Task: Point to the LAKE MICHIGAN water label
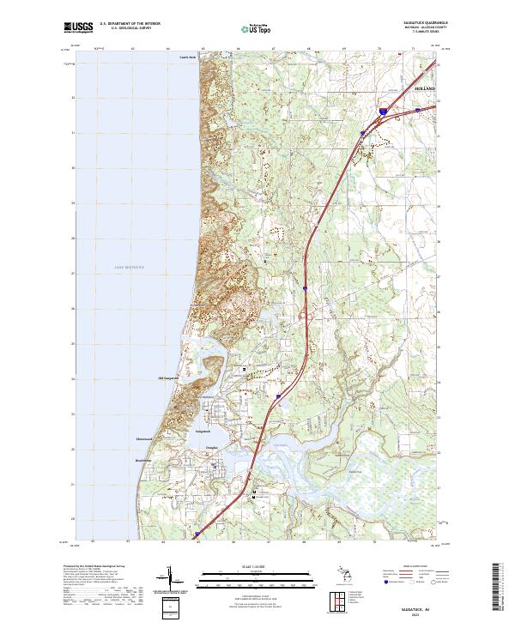pyautogui.click(x=129, y=269)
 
